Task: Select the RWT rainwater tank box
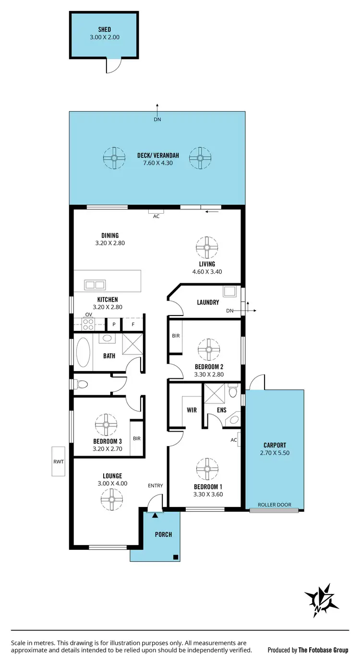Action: (58, 461)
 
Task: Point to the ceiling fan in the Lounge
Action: (111, 500)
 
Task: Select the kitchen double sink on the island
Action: (95, 284)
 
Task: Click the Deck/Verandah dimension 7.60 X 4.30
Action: (157, 163)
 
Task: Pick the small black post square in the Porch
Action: (176, 557)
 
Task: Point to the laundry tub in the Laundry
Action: (229, 292)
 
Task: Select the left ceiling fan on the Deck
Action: (115, 157)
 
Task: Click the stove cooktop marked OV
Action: (88, 324)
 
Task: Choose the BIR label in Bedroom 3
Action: (137, 438)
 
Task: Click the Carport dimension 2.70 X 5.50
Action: (275, 452)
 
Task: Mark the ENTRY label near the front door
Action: (156, 485)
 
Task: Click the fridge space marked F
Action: (133, 324)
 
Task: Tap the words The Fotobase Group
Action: (323, 650)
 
